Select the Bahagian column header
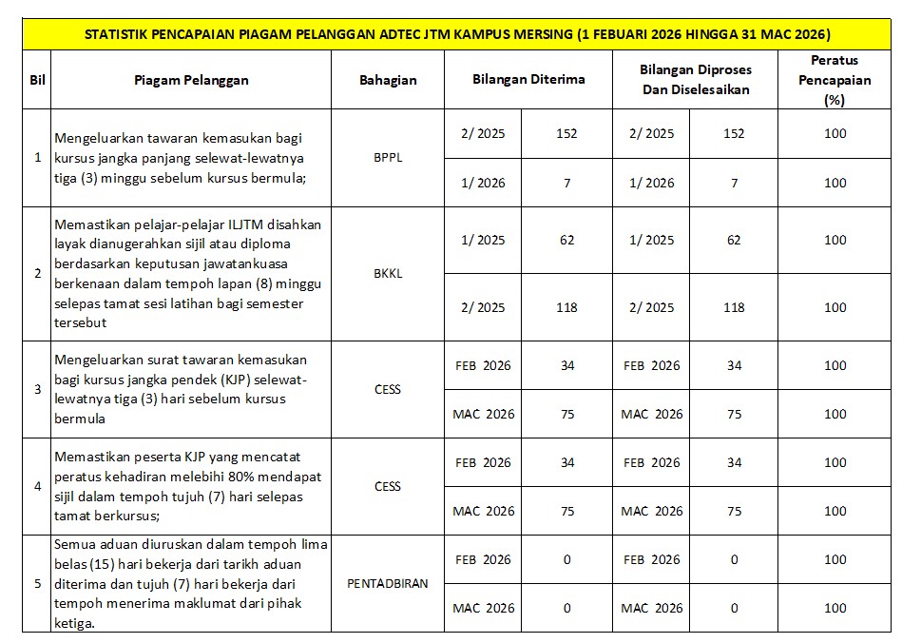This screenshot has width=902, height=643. click(388, 80)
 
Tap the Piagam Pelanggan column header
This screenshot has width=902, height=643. click(191, 80)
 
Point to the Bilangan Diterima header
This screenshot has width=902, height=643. click(528, 79)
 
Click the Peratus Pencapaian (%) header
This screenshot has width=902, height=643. click(835, 80)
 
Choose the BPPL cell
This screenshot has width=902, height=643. click(388, 158)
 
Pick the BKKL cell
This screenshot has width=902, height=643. click(388, 273)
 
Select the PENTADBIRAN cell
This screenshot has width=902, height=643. click(388, 583)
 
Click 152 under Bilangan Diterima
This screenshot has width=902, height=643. click(567, 134)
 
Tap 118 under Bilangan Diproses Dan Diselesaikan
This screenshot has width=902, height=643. click(734, 307)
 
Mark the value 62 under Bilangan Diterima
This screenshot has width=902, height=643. click(567, 240)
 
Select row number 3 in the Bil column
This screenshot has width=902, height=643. click(38, 389)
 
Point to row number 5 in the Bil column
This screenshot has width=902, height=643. click(38, 583)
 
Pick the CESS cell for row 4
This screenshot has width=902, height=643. click(388, 486)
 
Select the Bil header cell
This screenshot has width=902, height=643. click(38, 80)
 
